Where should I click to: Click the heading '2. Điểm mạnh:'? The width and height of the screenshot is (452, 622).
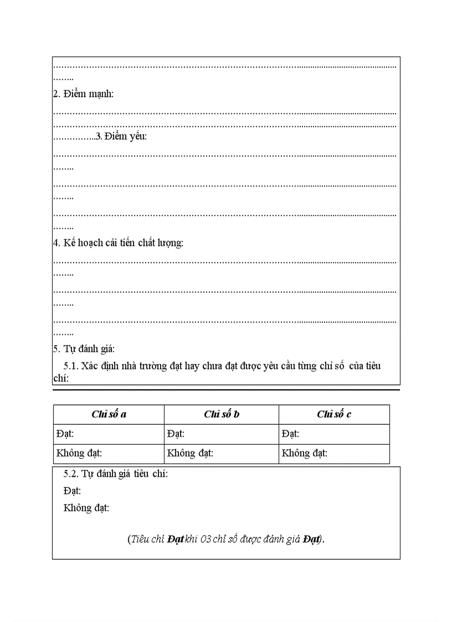pyautogui.click(x=83, y=94)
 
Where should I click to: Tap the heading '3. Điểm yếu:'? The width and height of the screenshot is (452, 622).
pyautogui.click(x=121, y=136)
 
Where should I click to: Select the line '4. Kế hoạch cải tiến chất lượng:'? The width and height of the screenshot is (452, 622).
pyautogui.click(x=118, y=243)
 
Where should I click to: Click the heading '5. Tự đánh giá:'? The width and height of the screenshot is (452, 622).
pyautogui.click(x=84, y=348)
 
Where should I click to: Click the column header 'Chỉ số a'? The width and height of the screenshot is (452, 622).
pyautogui.click(x=109, y=414)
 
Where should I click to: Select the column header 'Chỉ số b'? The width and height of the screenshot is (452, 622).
pyautogui.click(x=222, y=414)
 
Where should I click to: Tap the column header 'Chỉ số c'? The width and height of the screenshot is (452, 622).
pyautogui.click(x=334, y=414)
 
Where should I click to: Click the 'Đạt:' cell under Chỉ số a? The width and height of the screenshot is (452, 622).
pyautogui.click(x=65, y=434)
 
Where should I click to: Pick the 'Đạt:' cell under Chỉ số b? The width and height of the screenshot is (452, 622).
pyautogui.click(x=176, y=434)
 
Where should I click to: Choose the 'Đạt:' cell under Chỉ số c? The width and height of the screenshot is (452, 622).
pyautogui.click(x=290, y=434)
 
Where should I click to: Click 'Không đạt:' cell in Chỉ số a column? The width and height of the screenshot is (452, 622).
pyautogui.click(x=79, y=453)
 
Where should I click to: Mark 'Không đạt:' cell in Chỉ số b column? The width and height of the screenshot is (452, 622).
pyautogui.click(x=190, y=453)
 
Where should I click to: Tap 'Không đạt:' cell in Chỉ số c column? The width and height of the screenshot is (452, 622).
pyautogui.click(x=305, y=453)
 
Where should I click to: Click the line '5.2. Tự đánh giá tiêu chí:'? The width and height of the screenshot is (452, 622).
pyautogui.click(x=116, y=474)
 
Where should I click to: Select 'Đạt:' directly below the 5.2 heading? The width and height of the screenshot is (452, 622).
pyautogui.click(x=72, y=491)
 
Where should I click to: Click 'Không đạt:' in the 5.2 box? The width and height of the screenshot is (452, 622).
pyautogui.click(x=86, y=507)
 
